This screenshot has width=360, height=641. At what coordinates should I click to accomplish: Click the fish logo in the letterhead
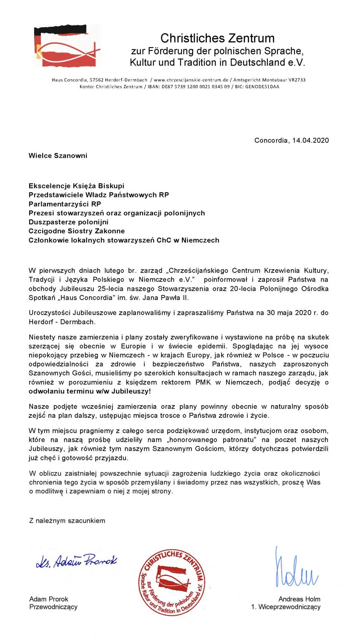pyautogui.click(x=67, y=46)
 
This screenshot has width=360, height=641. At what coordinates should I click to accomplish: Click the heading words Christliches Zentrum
pyautogui.click(x=217, y=38)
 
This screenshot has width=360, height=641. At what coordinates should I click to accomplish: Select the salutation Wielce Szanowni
pyautogui.click(x=58, y=156)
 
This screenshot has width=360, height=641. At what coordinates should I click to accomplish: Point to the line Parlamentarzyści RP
pyautogui.click(x=65, y=204)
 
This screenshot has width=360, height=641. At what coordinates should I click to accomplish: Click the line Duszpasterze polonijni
pyautogui.click(x=68, y=222)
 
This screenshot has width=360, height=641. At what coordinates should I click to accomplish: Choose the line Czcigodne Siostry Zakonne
pyautogui.click(x=77, y=231)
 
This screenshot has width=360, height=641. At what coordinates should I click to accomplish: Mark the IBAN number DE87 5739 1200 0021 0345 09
pyautogui.click(x=195, y=87)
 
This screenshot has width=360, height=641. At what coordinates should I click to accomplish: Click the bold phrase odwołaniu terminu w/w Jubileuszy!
pyautogui.click(x=90, y=392)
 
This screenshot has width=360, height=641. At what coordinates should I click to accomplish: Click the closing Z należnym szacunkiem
pyautogui.click(x=67, y=520)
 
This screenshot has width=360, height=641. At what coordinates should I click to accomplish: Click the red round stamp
pyautogui.click(x=171, y=583)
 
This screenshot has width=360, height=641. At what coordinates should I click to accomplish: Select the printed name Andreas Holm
pyautogui.click(x=299, y=599)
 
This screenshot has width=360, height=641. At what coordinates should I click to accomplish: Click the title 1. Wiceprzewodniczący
pyautogui.click(x=286, y=607)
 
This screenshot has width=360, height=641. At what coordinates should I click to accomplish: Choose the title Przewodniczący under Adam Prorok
pyautogui.click(x=53, y=607)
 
